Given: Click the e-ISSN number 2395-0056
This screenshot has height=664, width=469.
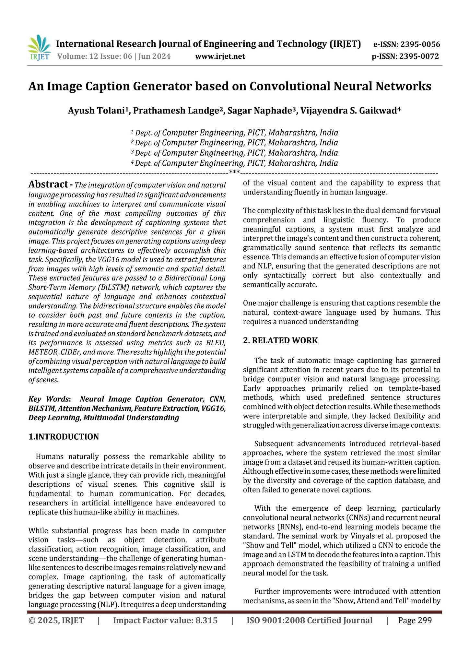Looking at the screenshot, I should pyautogui.click(x=420, y=44).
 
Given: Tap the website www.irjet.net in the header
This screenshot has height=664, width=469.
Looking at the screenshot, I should pyautogui.click(x=220, y=56).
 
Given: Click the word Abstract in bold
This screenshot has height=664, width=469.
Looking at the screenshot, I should pyautogui.click(x=48, y=184).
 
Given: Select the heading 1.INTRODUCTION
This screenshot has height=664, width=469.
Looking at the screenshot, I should pyautogui.click(x=64, y=437).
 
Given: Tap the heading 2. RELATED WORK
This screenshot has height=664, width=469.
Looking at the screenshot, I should pyautogui.click(x=280, y=340).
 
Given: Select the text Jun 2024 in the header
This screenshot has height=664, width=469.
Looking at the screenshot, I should pyautogui.click(x=155, y=56).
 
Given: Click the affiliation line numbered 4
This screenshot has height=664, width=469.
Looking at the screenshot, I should pyautogui.click(x=234, y=163).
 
